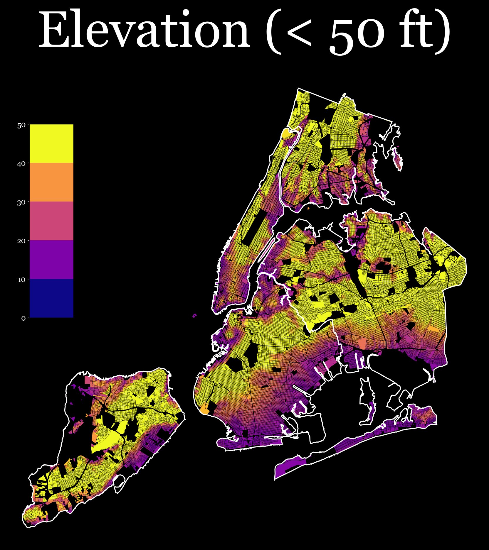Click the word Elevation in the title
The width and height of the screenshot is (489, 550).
pyautogui.click(x=144, y=31)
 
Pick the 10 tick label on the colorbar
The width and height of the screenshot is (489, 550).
pyautogui.click(x=22, y=280)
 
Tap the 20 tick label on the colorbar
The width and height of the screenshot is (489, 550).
pyautogui.click(x=21, y=241)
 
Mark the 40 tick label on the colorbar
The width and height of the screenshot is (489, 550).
pyautogui.click(x=21, y=164)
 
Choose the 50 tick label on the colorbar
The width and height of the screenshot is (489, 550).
pyautogui.click(x=21, y=125)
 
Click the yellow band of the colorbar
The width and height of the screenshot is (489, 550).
pyautogui.click(x=51, y=144)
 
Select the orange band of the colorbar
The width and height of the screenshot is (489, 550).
pyautogui.click(x=51, y=182)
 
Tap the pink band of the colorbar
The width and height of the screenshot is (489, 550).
pyautogui.click(x=51, y=221)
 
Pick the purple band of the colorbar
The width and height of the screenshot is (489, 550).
pyautogui.click(x=51, y=260)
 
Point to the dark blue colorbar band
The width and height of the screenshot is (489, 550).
pyautogui.click(x=51, y=298)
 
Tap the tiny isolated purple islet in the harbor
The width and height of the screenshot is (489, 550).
pyautogui.click(x=194, y=316)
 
